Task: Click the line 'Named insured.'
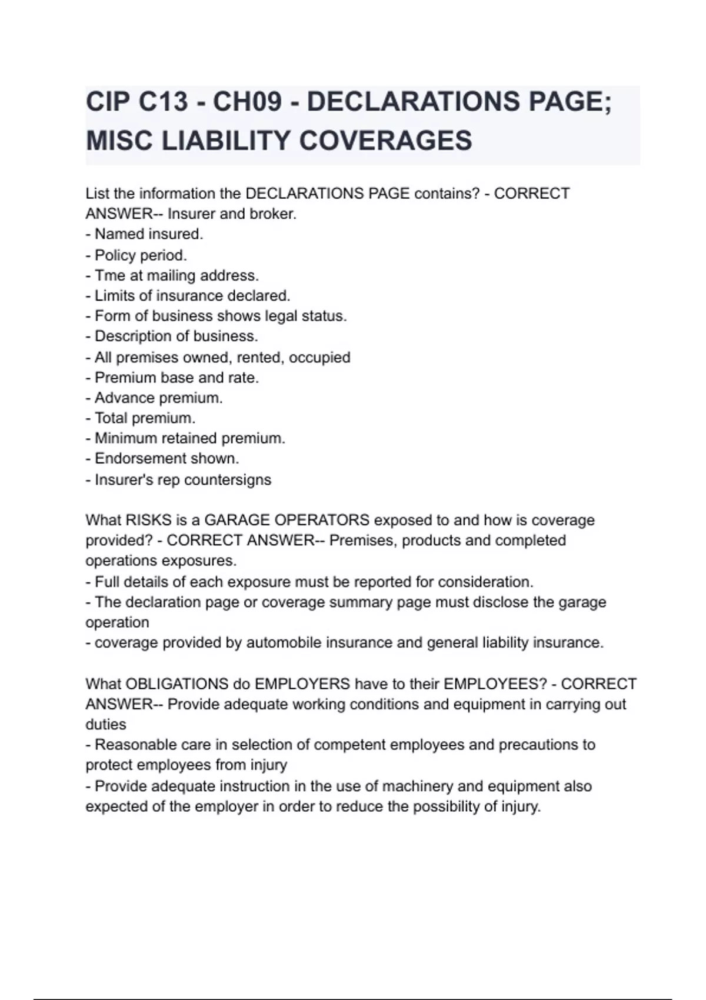coord(148,234)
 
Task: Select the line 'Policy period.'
coord(140,255)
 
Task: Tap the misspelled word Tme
coord(110,275)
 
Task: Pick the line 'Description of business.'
coord(176,336)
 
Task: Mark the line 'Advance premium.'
coord(158,398)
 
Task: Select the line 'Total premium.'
coord(145,418)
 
